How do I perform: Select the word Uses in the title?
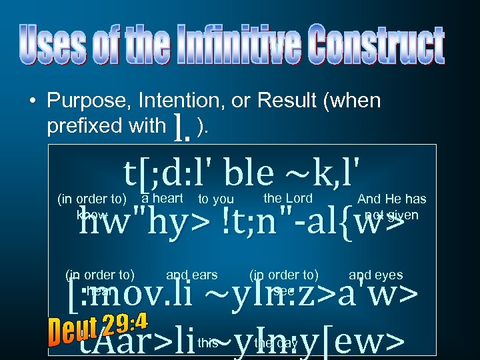pyautogui.click(x=57, y=45)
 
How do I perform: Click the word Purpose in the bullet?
pyautogui.click(x=87, y=101)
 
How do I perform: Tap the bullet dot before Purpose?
pyautogui.click(x=32, y=102)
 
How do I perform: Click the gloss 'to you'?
pyautogui.click(x=216, y=199)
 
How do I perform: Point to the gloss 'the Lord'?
pyautogui.click(x=288, y=197)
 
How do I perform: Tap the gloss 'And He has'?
pyautogui.click(x=392, y=199)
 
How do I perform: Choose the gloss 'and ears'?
pyautogui.click(x=192, y=274)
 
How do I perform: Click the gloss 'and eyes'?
pyautogui.click(x=376, y=274)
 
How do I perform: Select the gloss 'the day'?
pyautogui.click(x=276, y=343)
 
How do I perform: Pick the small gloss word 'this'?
pyautogui.click(x=208, y=343)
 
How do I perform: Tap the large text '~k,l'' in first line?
pyautogui.click(x=326, y=173)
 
